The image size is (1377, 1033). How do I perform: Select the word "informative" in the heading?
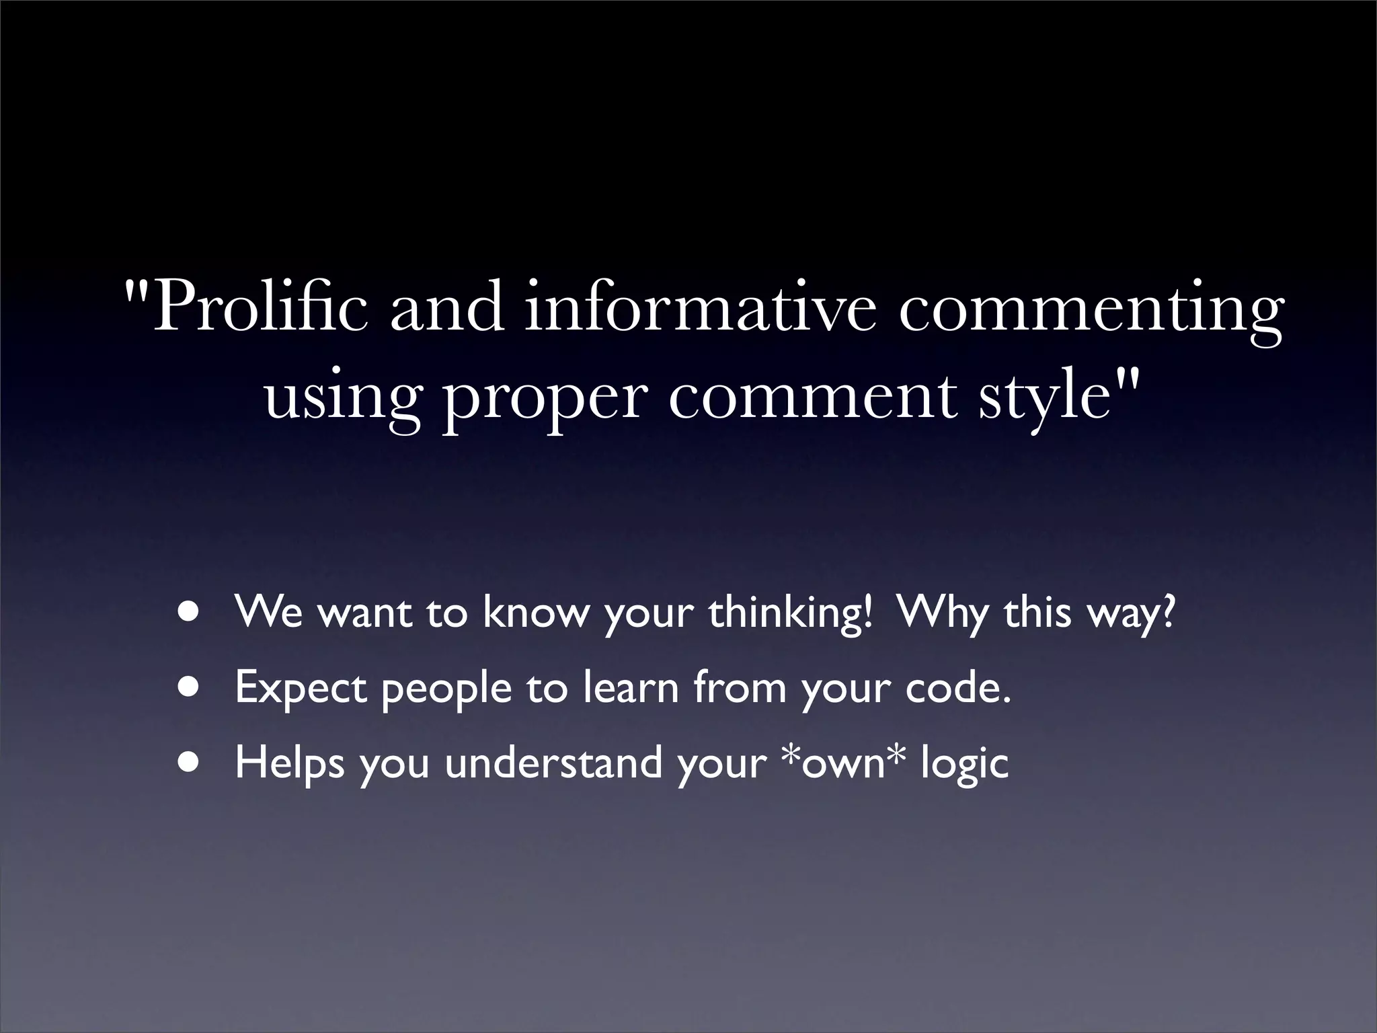pyautogui.click(x=700, y=307)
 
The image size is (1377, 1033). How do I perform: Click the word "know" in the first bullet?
pyautogui.click(x=535, y=613)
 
